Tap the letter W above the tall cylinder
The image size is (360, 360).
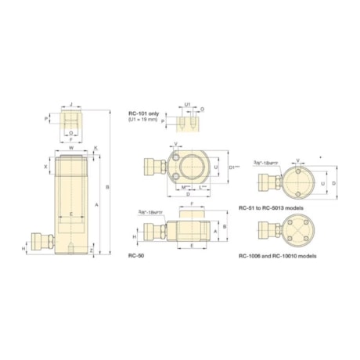[71, 146]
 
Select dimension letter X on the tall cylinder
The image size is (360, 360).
[46, 166]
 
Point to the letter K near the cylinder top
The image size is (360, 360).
[96, 147]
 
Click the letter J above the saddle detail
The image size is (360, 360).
[71, 103]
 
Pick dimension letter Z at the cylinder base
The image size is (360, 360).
[92, 251]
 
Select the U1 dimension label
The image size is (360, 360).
[188, 103]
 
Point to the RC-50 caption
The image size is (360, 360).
[137, 254]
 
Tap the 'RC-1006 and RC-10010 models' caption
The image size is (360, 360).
[277, 254]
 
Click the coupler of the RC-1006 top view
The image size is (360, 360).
[268, 232]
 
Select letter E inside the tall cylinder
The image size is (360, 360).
[71, 214]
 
